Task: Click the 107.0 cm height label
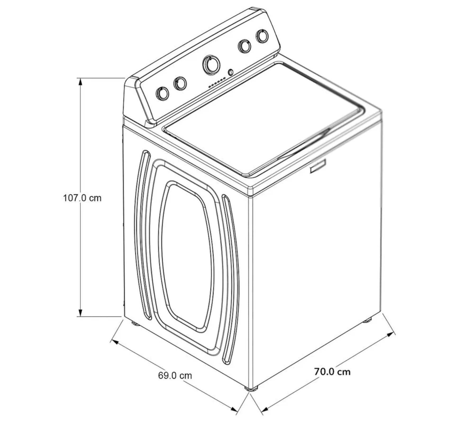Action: pyautogui.click(x=82, y=198)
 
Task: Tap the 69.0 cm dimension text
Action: pyautogui.click(x=175, y=375)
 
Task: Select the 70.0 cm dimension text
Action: pyautogui.click(x=332, y=371)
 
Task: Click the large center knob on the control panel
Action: pyautogui.click(x=211, y=64)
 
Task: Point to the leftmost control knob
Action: pyautogui.click(x=162, y=93)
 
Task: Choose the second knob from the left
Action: pyautogui.click(x=180, y=84)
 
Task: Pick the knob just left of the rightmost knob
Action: pyautogui.click(x=244, y=46)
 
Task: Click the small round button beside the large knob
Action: pyautogui.click(x=231, y=72)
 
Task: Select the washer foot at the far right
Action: pyautogui.click(x=367, y=321)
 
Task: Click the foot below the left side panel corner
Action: pyautogui.click(x=135, y=323)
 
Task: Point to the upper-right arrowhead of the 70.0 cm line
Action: pyautogui.click(x=391, y=334)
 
